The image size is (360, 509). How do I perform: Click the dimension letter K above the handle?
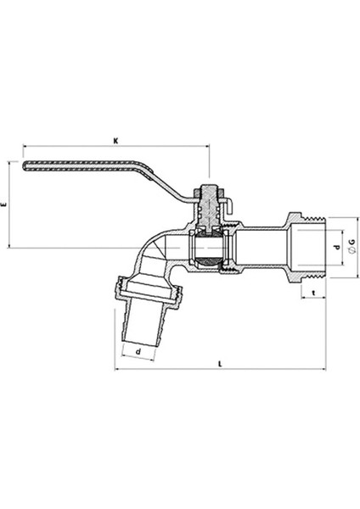point(115,141)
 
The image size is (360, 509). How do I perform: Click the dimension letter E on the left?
point(4,204)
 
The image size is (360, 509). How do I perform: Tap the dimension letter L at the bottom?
point(220,364)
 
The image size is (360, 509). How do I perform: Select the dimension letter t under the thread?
point(313,293)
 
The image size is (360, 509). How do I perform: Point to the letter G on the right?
point(352,242)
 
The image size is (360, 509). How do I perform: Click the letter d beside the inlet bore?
point(337,247)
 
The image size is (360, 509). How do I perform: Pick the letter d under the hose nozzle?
point(138,351)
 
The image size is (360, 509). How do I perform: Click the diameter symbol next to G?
point(352,250)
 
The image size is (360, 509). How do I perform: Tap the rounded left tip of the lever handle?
point(24,165)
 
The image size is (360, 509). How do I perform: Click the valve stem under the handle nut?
point(210,208)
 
